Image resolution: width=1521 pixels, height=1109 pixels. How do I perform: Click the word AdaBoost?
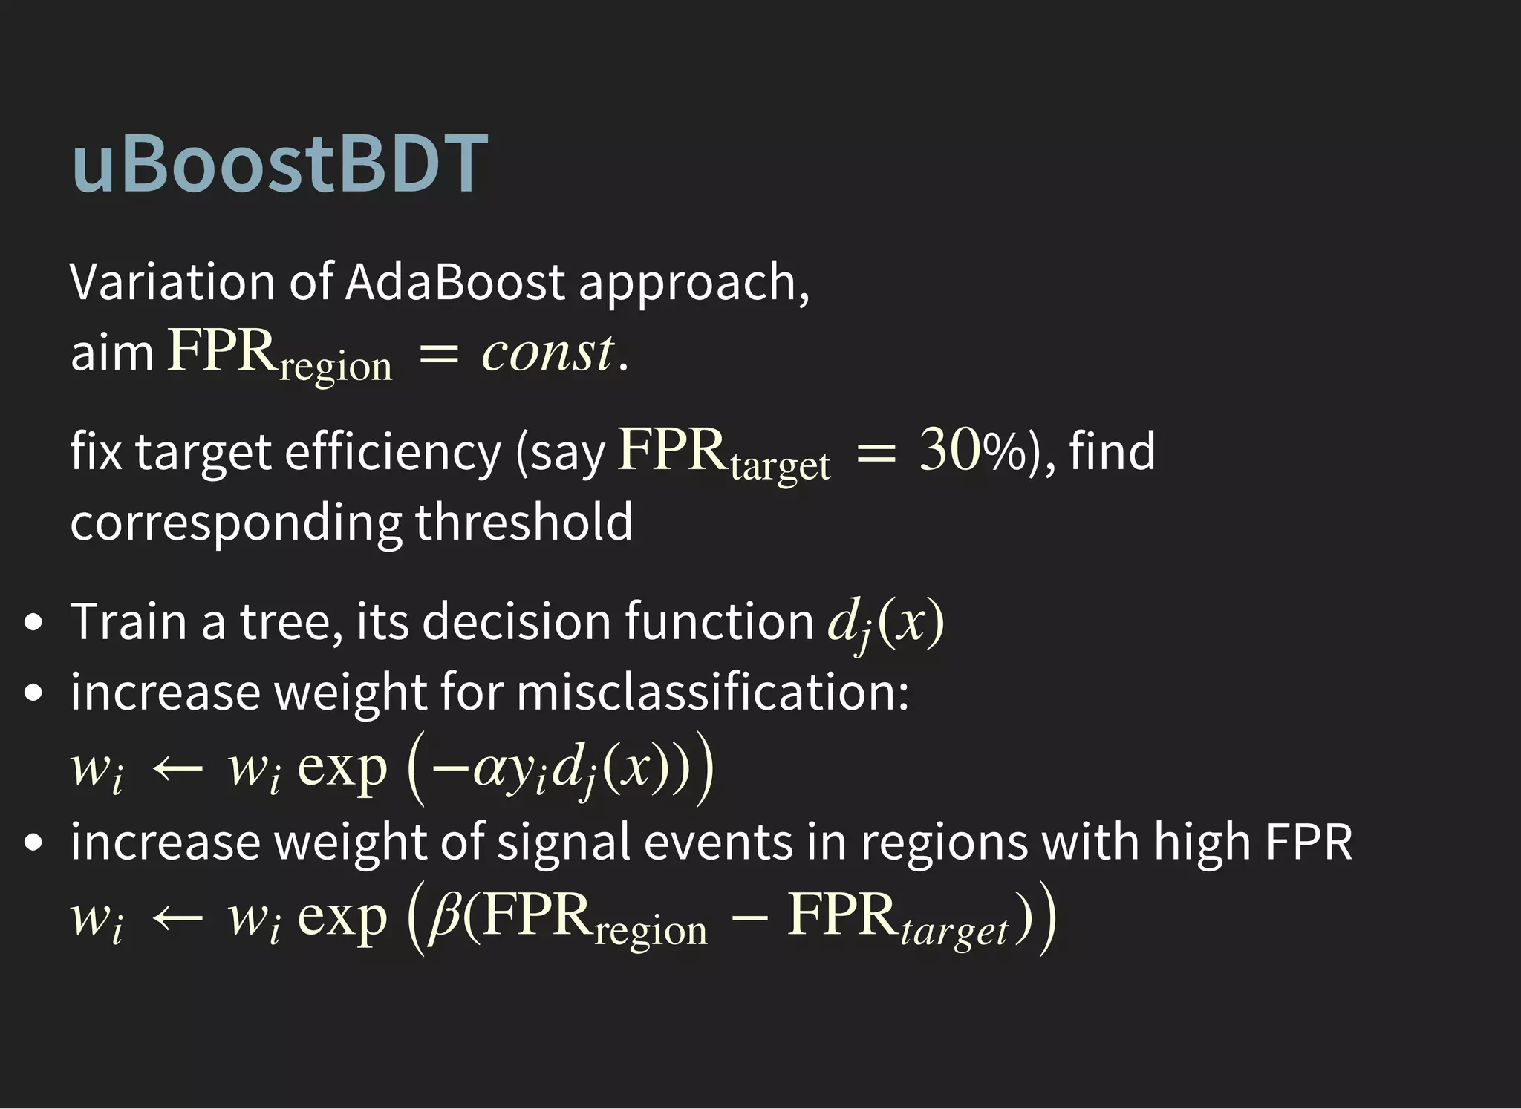tap(455, 282)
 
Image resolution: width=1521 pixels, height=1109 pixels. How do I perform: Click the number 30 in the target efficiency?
tap(950, 450)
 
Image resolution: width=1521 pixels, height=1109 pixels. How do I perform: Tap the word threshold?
tap(524, 521)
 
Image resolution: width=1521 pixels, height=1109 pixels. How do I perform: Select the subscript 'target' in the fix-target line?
tap(780, 466)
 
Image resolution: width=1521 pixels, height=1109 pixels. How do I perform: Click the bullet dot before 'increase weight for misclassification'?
tap(33, 693)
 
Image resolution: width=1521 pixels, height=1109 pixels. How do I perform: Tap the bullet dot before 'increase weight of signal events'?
tap(33, 843)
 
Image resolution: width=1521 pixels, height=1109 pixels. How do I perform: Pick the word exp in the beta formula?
tap(342, 916)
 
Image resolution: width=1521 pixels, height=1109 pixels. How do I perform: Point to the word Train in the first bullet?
tap(128, 621)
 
